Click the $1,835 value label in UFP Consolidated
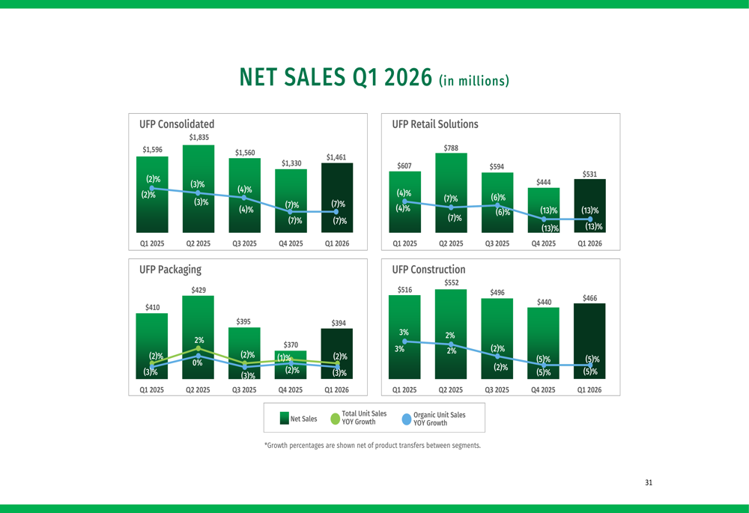[x=198, y=137]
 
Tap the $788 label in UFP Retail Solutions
[x=451, y=148]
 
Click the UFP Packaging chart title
[x=170, y=270]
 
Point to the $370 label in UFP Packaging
[x=291, y=344]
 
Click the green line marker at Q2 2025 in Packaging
[x=198, y=348]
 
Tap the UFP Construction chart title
[x=428, y=270]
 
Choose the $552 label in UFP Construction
[x=451, y=282]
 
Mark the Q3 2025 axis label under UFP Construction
[x=497, y=390]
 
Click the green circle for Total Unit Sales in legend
[x=333, y=419]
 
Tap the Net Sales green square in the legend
[x=284, y=419]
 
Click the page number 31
[x=649, y=482]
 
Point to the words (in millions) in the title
[x=474, y=79]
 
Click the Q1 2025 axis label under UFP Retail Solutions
[x=404, y=244]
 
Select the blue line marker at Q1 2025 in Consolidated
[x=152, y=188]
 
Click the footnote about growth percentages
[x=372, y=446]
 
